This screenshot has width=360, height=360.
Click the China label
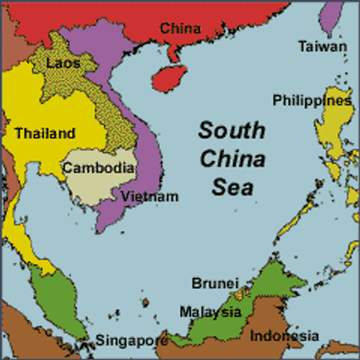tap(180, 29)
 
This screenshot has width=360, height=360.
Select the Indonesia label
tap(284, 336)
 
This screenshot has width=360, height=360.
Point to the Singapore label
tap(131, 341)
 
